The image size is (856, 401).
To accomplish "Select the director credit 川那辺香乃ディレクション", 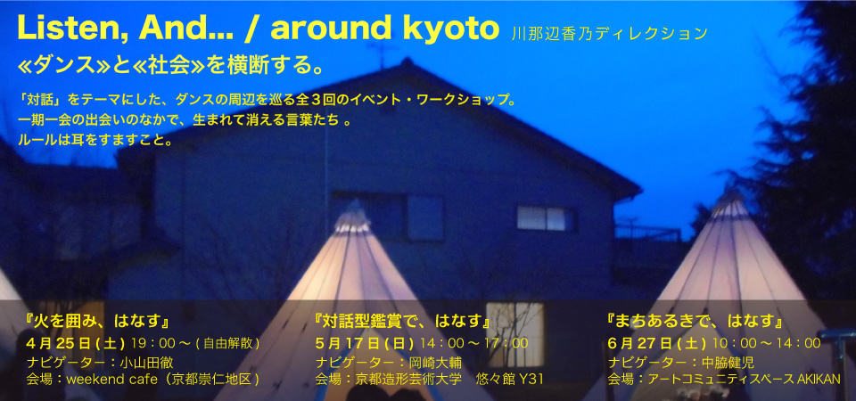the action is pos(610,35).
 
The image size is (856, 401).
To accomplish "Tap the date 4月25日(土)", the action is pos(76,343).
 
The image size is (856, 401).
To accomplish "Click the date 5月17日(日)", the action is pos(366,343).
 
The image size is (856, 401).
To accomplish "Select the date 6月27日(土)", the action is pos(657,343).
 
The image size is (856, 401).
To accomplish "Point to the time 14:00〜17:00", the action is pos(474,343).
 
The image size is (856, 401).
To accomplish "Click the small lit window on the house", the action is pos(544,218).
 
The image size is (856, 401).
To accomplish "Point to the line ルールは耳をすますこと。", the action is pos(95,140).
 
